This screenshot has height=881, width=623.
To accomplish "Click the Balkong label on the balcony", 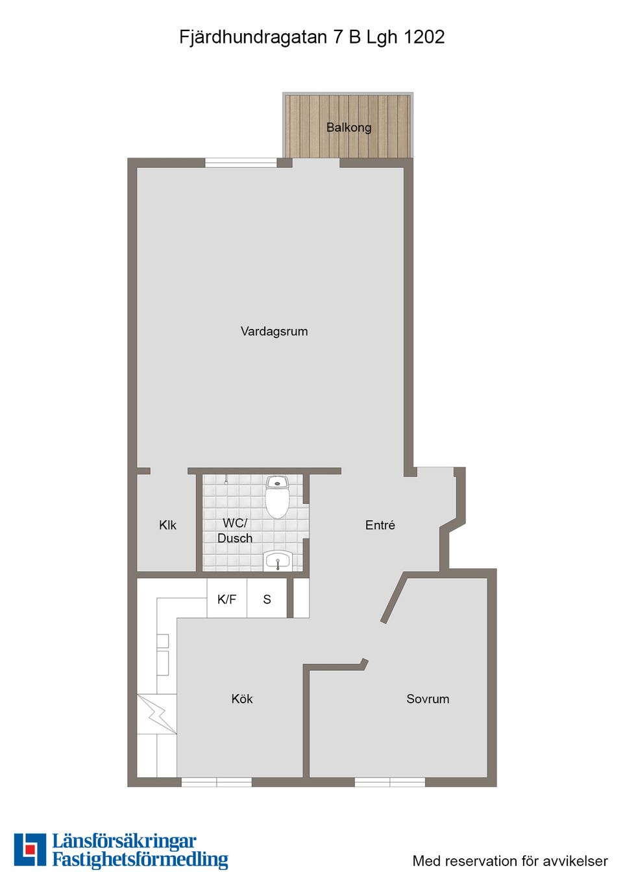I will [x=348, y=127].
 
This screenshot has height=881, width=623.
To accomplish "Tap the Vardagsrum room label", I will [x=274, y=332].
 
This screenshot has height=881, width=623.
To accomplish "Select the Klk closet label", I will [x=167, y=525].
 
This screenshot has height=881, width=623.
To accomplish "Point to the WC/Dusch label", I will [x=235, y=531].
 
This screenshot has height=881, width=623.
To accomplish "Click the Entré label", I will [x=380, y=525].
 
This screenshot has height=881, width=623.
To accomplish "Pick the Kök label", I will [x=241, y=699].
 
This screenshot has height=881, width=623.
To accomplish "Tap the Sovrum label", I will [x=428, y=699].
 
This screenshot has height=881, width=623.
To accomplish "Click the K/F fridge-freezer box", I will [x=226, y=599].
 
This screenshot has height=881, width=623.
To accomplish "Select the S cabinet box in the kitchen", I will [x=267, y=599].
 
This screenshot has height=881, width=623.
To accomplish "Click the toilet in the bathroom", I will [x=277, y=498].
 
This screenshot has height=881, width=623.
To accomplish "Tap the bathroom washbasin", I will [x=278, y=560].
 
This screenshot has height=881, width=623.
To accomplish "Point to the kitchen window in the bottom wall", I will [x=216, y=782].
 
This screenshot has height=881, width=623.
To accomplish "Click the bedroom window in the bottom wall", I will [x=389, y=782].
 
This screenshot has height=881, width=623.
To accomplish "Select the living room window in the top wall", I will [x=241, y=163].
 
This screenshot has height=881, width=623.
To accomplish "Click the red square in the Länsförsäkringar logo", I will [x=30, y=849].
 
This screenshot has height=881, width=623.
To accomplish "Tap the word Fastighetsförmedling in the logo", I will [x=140, y=860].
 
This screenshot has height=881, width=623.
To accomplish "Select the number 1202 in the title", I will [x=424, y=37].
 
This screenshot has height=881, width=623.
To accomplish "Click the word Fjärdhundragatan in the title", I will [x=253, y=37].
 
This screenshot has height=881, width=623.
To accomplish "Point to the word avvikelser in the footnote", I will [x=576, y=861].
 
